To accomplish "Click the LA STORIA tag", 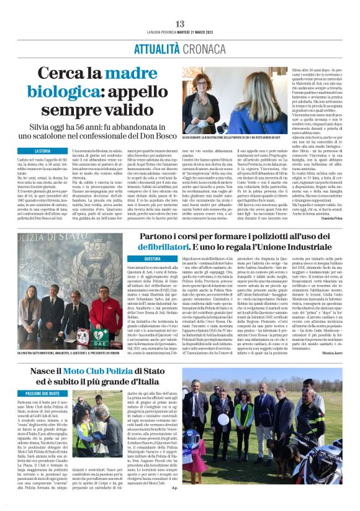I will [43, 151].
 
